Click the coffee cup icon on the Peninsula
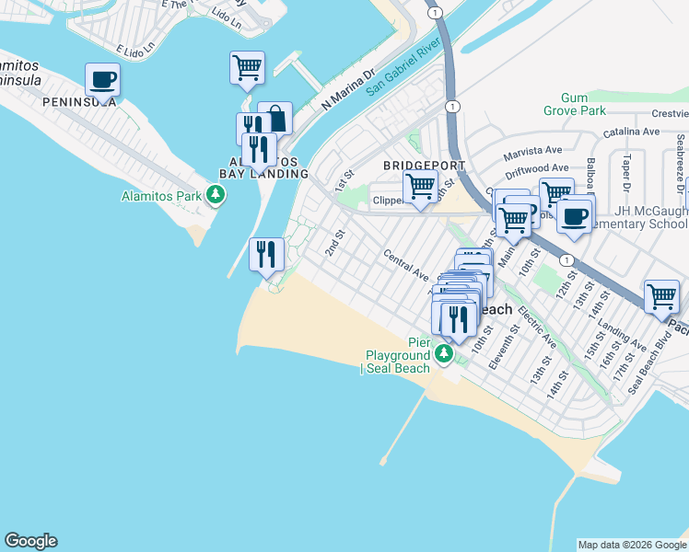pos(103,80)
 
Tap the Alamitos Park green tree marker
pos(216,194)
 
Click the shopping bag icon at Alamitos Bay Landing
pos(275,119)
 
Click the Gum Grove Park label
pos(585,104)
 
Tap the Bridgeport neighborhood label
pos(424,165)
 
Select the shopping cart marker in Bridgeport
pos(421,187)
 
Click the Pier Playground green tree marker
pos(445,353)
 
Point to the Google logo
pos(30,541)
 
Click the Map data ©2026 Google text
pos(632,545)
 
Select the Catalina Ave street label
pos(633,132)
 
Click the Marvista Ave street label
pos(532,149)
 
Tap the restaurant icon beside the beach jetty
pos(266,255)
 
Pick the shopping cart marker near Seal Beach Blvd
pos(661,297)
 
